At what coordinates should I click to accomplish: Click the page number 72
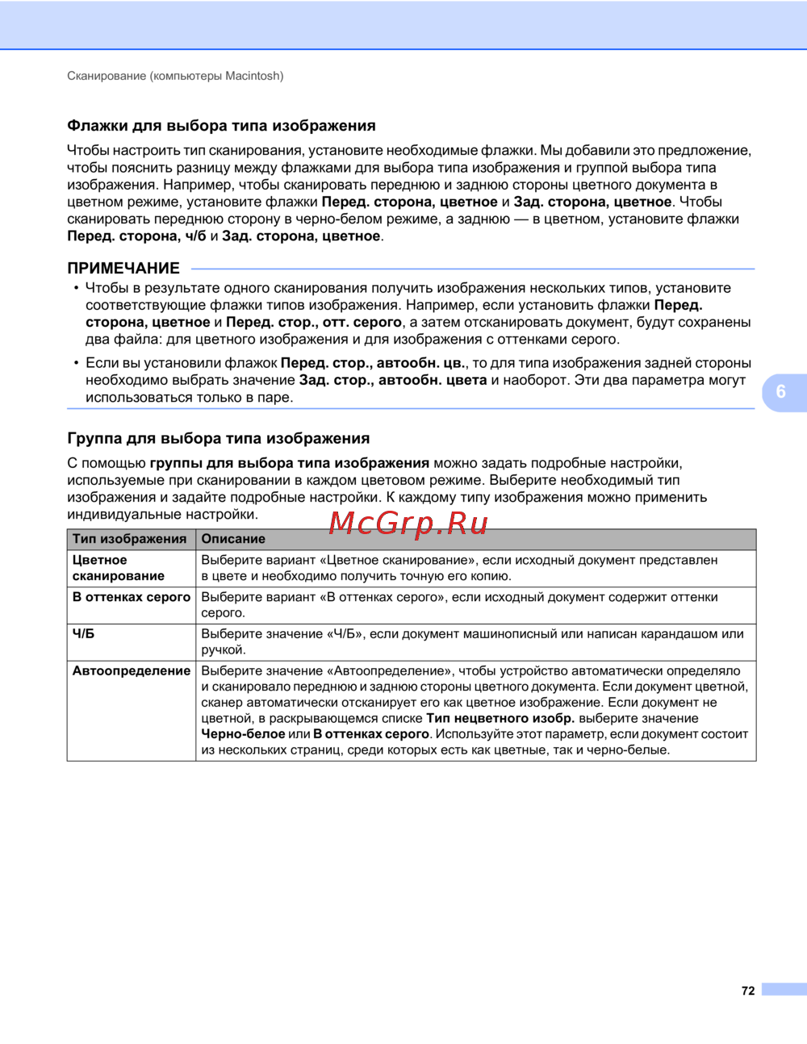(x=748, y=991)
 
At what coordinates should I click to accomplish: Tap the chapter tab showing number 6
(x=781, y=392)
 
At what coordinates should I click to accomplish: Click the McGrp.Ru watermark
(x=408, y=524)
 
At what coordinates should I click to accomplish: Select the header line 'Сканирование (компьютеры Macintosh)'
(x=175, y=76)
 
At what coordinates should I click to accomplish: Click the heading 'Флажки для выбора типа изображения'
(x=221, y=126)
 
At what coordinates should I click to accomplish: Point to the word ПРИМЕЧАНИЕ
(x=123, y=269)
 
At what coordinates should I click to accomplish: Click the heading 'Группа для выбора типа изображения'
(x=218, y=439)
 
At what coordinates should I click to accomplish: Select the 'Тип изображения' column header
(x=129, y=539)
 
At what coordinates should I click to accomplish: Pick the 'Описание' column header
(x=233, y=539)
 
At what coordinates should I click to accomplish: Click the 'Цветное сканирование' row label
(x=118, y=568)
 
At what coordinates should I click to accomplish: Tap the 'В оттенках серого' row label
(x=132, y=597)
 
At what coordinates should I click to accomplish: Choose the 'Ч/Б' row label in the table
(x=83, y=634)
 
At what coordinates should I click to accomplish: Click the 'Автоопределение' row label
(x=132, y=670)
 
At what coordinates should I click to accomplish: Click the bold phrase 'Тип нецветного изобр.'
(x=500, y=718)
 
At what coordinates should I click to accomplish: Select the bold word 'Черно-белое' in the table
(x=243, y=734)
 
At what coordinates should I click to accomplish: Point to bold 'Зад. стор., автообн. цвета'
(x=393, y=380)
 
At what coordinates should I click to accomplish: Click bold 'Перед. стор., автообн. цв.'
(x=374, y=363)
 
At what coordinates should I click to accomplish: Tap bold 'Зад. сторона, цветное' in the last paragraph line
(x=301, y=236)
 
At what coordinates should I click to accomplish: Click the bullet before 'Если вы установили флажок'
(x=77, y=363)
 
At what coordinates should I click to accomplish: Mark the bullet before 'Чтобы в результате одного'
(x=77, y=288)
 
